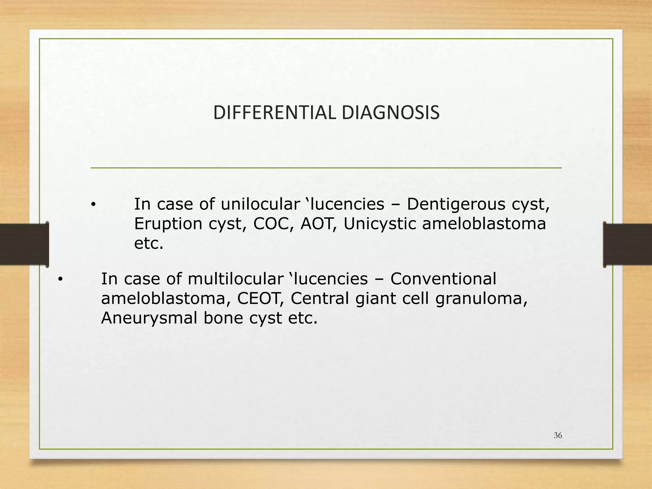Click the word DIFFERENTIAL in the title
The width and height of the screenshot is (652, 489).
[274, 113]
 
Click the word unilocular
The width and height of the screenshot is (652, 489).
[260, 204]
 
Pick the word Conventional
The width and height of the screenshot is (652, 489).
[443, 279]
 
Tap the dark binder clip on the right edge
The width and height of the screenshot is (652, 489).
[627, 244]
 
